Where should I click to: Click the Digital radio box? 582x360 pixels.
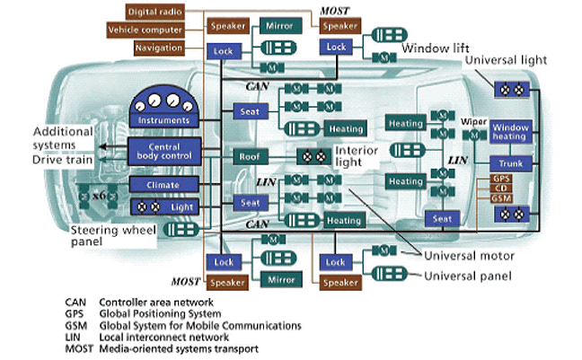point(156,11)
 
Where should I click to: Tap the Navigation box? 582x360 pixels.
point(159,47)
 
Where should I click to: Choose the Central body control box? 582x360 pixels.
point(163,150)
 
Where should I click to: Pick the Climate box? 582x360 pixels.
point(163,184)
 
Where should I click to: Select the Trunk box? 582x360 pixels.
point(512,164)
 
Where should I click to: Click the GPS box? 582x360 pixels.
point(503,179)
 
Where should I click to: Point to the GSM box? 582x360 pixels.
point(503,198)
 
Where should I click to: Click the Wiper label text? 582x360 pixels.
point(474,119)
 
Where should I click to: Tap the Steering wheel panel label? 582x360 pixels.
point(113,236)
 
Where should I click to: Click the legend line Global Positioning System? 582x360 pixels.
point(159,314)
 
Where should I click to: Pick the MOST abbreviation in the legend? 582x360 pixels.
point(80,348)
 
